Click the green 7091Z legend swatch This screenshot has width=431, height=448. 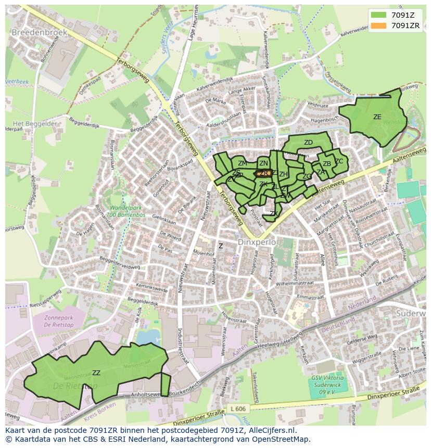pos(378,15)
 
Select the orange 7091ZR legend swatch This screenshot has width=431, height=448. pos(378,25)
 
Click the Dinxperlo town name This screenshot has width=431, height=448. pos(256,242)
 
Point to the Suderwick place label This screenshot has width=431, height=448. pos(411,314)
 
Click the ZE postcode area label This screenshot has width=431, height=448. pos(377,117)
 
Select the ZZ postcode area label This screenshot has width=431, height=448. pos(96,373)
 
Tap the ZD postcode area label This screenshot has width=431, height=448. pos(308,143)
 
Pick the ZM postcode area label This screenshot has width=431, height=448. pos(242,163)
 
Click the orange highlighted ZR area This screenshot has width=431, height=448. pos(262,174)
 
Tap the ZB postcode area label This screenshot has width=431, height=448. pos(326,164)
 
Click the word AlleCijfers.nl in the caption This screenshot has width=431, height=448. pos(270,430)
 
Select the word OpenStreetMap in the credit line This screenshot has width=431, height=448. pos(281,439)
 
